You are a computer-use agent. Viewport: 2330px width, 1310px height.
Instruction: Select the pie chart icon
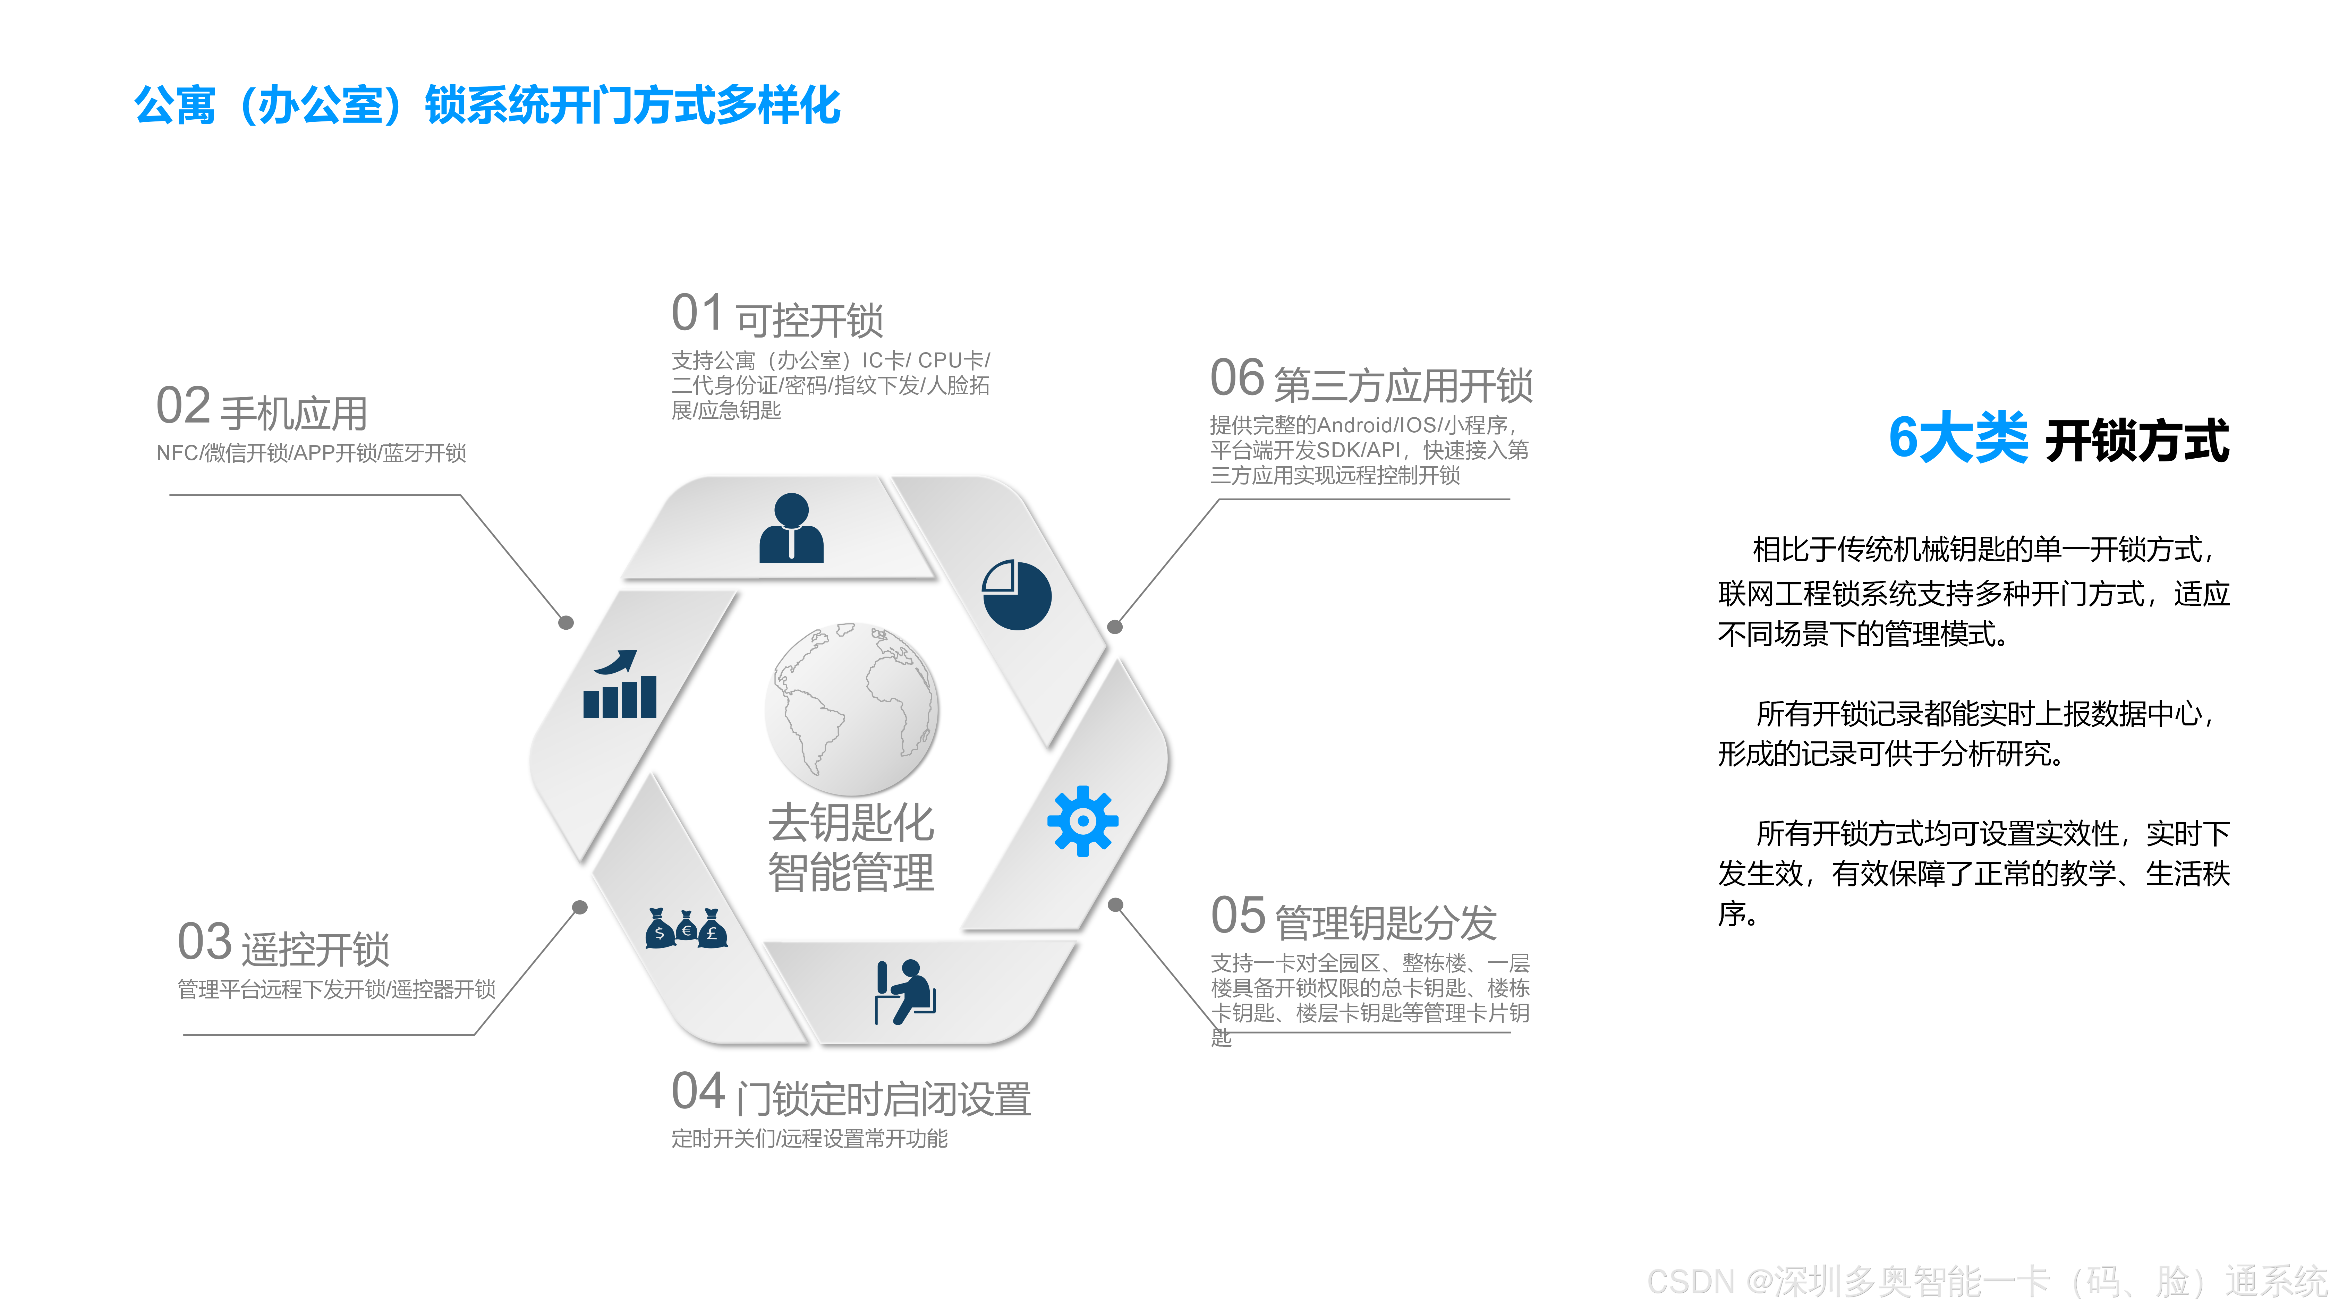(1017, 594)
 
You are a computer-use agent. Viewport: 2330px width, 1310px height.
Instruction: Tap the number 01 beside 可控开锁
(697, 314)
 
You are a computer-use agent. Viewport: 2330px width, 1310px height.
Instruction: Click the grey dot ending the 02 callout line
(566, 622)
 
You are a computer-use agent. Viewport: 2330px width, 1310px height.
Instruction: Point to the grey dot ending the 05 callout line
(1115, 905)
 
